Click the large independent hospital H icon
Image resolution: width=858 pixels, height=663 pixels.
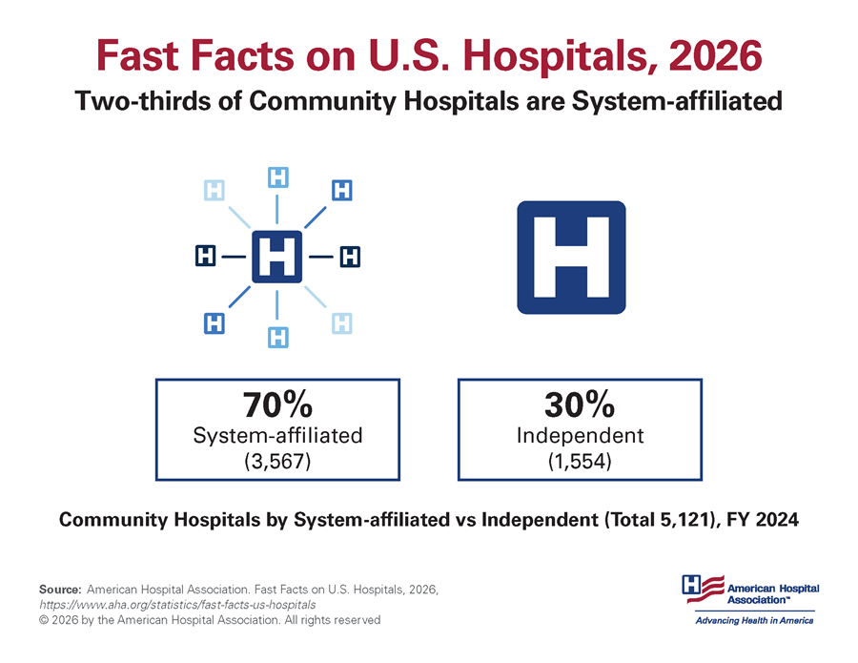pos(570,258)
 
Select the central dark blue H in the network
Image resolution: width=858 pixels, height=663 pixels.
pos(276,257)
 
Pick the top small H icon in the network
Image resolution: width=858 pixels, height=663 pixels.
pos(277,177)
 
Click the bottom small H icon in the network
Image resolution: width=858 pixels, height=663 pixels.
pos(277,337)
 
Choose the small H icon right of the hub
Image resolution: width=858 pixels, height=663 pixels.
pos(349,257)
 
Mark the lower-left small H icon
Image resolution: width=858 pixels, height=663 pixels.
pos(215,323)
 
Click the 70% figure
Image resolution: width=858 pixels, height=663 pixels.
pos(277,405)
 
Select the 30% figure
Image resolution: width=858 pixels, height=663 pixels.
pos(580,405)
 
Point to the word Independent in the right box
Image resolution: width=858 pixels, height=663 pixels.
pos(580,436)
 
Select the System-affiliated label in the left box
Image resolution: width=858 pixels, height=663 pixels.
pos(277,436)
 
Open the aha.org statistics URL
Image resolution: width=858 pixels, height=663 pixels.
pos(177,605)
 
